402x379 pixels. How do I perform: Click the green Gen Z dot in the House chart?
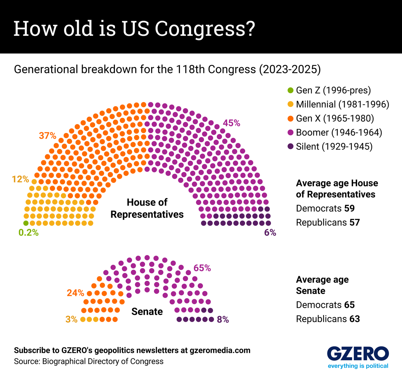click(26, 223)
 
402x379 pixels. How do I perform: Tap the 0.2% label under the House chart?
click(28, 233)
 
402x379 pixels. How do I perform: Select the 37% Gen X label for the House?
click(48, 136)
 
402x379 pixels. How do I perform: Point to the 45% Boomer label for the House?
click(231, 123)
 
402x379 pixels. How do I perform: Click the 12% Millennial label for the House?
click(20, 179)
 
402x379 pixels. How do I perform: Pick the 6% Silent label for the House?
click(270, 233)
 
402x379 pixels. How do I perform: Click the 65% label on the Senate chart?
click(202, 268)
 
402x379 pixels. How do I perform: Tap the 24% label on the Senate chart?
click(75, 293)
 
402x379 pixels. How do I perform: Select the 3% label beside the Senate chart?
click(71, 319)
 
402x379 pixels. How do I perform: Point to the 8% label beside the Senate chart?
click(223, 320)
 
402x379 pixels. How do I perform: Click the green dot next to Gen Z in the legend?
click(290, 90)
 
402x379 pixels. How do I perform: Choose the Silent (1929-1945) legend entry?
click(334, 147)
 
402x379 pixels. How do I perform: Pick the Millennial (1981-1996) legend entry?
click(342, 104)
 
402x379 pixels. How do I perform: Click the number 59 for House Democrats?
click(349, 209)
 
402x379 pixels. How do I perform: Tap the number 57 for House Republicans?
click(354, 223)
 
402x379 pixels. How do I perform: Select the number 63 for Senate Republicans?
click(354, 319)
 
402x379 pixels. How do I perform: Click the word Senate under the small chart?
click(147, 312)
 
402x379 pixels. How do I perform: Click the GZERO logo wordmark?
click(358, 354)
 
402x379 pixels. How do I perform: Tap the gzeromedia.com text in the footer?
click(220, 351)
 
